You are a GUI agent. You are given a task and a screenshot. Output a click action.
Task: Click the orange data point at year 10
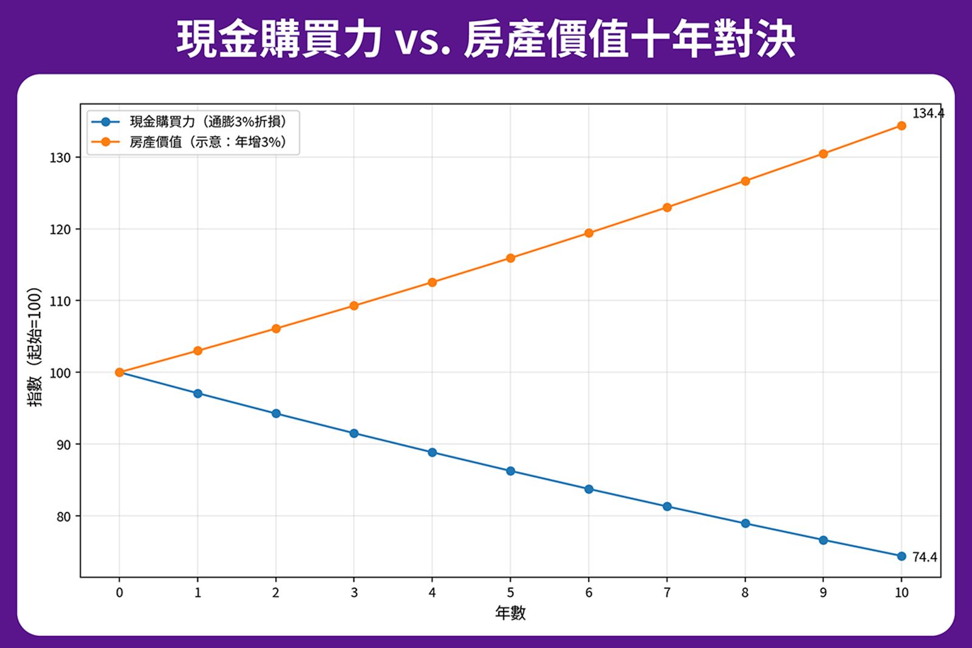(902, 126)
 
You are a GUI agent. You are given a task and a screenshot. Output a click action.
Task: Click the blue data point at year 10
(902, 556)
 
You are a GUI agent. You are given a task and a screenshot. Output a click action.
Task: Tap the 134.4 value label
(928, 114)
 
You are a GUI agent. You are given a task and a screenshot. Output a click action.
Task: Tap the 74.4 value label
(925, 557)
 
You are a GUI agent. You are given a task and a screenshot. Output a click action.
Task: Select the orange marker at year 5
(510, 258)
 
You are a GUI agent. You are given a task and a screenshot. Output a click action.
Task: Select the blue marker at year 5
(510, 471)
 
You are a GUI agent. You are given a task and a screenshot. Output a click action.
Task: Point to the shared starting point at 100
(120, 372)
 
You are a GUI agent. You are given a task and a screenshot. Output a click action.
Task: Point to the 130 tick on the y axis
(60, 158)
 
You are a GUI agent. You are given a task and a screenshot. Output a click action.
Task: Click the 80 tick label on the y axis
(63, 517)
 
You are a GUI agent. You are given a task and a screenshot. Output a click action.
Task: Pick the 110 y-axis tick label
(60, 302)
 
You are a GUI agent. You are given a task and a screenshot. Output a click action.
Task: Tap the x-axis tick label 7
(667, 593)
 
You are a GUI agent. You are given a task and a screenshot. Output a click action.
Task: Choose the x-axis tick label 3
(354, 593)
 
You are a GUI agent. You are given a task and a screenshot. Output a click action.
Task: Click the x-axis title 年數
(510, 613)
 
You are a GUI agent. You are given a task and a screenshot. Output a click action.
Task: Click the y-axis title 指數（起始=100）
(35, 347)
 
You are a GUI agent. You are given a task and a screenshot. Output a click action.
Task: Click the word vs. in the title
(423, 40)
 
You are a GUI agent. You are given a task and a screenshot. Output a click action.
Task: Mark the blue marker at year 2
(276, 413)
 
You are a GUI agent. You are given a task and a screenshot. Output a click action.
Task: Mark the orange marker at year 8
(745, 181)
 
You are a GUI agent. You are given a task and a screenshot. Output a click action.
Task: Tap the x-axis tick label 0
(120, 593)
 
